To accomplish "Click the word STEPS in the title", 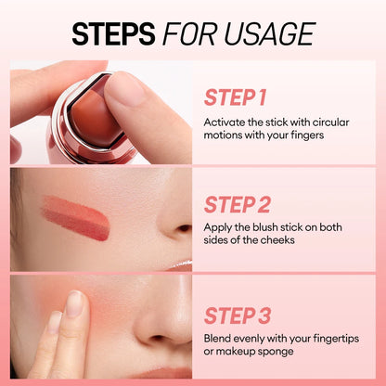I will click(x=113, y=33).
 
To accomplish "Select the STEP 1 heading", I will click(x=235, y=98).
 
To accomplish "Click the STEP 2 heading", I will click(x=237, y=204).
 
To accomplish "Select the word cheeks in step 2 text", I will click(x=279, y=240).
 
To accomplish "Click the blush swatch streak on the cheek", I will click(x=74, y=216).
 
